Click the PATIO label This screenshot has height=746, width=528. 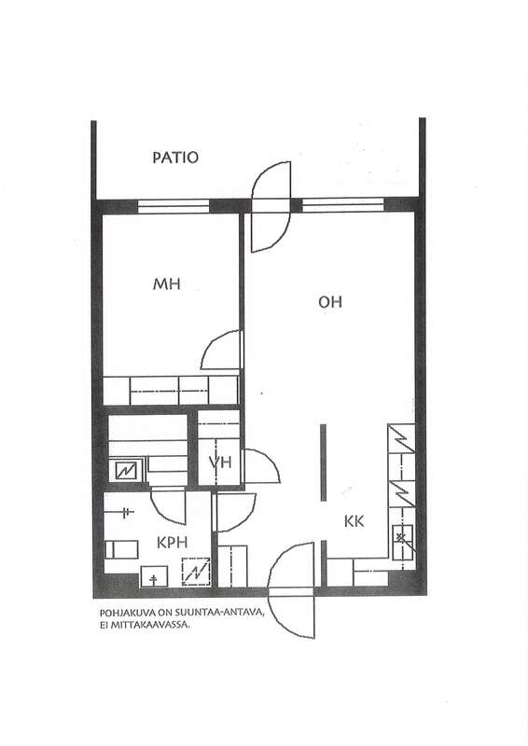pyautogui.click(x=175, y=158)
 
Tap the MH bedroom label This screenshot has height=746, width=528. pyautogui.click(x=167, y=284)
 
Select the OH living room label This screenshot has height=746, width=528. pyautogui.click(x=330, y=301)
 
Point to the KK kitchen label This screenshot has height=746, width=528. pyautogui.click(x=354, y=521)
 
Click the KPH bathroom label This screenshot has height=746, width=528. pyautogui.click(x=173, y=543)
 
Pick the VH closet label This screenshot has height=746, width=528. pyautogui.click(x=220, y=462)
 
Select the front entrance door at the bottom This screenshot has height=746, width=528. pyautogui.click(x=291, y=590)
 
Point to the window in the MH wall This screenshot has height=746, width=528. pyautogui.click(x=174, y=206)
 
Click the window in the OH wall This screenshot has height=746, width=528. pyautogui.click(x=342, y=205)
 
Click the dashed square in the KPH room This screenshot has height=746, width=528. pyautogui.click(x=196, y=572)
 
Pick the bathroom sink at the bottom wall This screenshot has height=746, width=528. pyautogui.click(x=154, y=576)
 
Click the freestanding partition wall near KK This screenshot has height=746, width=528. pyautogui.click(x=324, y=462)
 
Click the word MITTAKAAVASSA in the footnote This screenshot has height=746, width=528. pyautogui.click(x=150, y=625)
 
